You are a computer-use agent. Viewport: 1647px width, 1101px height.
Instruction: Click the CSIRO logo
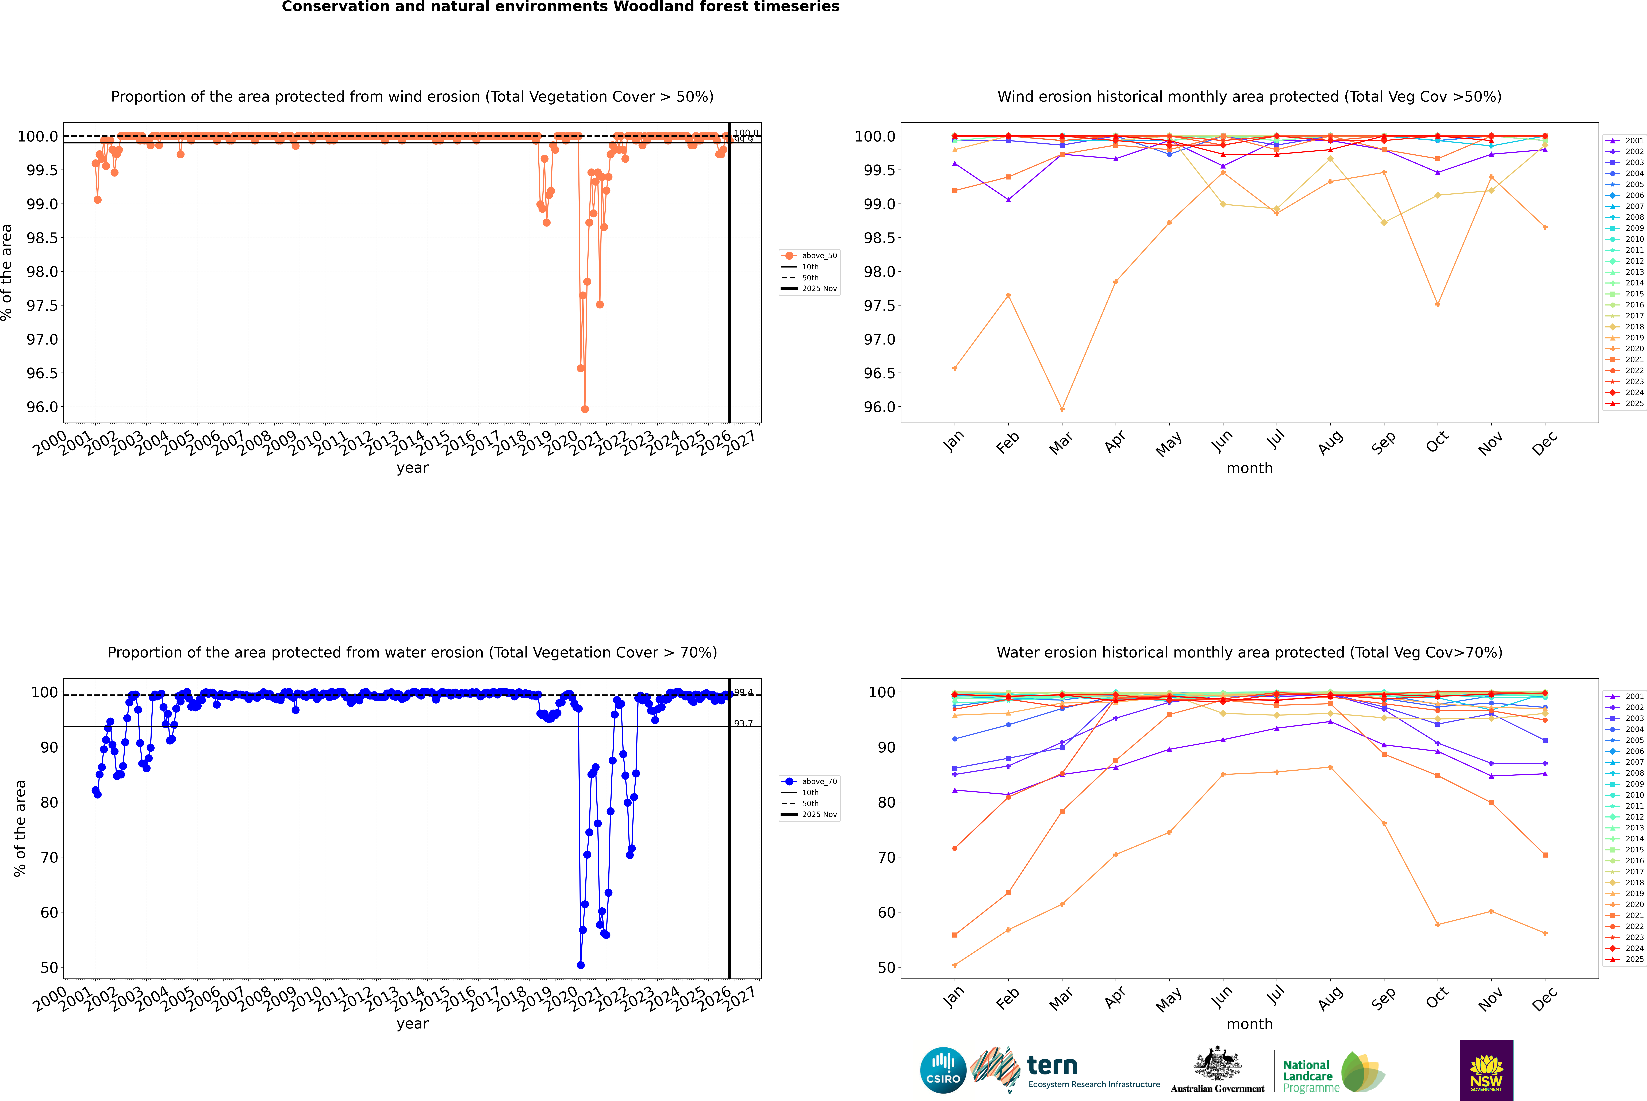(x=943, y=1070)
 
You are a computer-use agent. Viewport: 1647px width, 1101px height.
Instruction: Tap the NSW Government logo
(x=1486, y=1070)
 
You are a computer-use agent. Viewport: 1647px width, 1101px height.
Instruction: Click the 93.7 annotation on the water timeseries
(x=743, y=723)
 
